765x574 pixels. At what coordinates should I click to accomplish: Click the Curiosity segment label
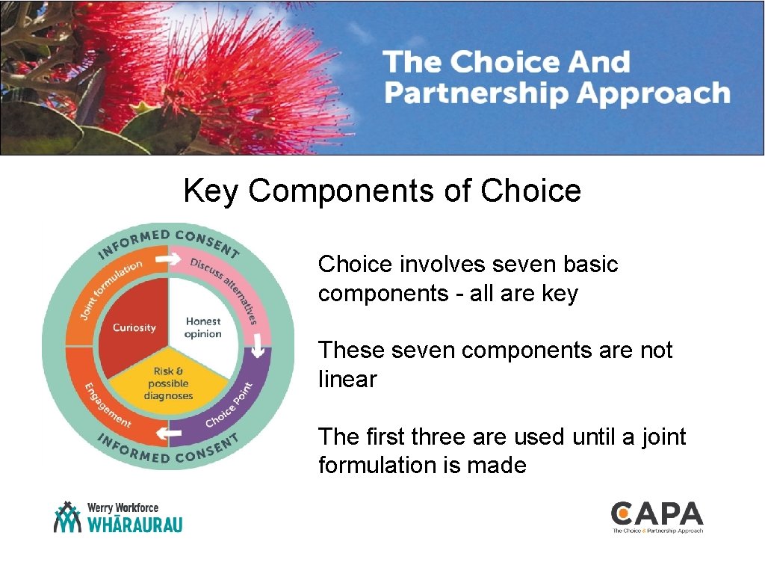point(134,327)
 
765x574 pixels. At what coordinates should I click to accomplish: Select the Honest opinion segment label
point(203,327)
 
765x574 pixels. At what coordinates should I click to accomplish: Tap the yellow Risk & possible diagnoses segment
point(168,383)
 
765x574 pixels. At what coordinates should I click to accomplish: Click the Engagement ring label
point(107,404)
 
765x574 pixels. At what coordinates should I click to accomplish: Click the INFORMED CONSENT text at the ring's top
point(168,240)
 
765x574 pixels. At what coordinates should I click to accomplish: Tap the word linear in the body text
point(347,379)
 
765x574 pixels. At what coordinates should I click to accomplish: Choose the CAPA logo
point(657,516)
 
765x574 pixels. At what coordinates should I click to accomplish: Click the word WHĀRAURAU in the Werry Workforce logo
point(134,524)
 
